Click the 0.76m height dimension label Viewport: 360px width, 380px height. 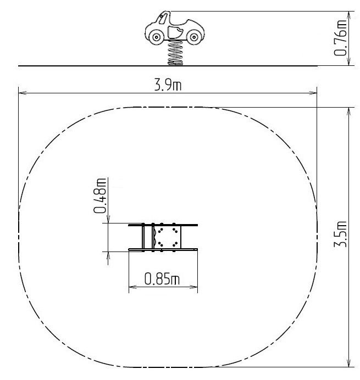point(340,38)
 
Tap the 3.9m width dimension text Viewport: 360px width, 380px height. point(168,85)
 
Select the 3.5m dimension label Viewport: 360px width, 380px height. point(340,234)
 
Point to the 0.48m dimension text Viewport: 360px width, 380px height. point(99,195)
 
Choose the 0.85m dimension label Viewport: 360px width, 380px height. point(162,279)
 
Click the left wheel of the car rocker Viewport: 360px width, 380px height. point(157,37)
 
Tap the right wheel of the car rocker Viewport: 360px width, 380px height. point(194,37)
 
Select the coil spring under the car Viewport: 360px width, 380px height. point(175,53)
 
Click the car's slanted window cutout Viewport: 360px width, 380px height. point(163,19)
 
